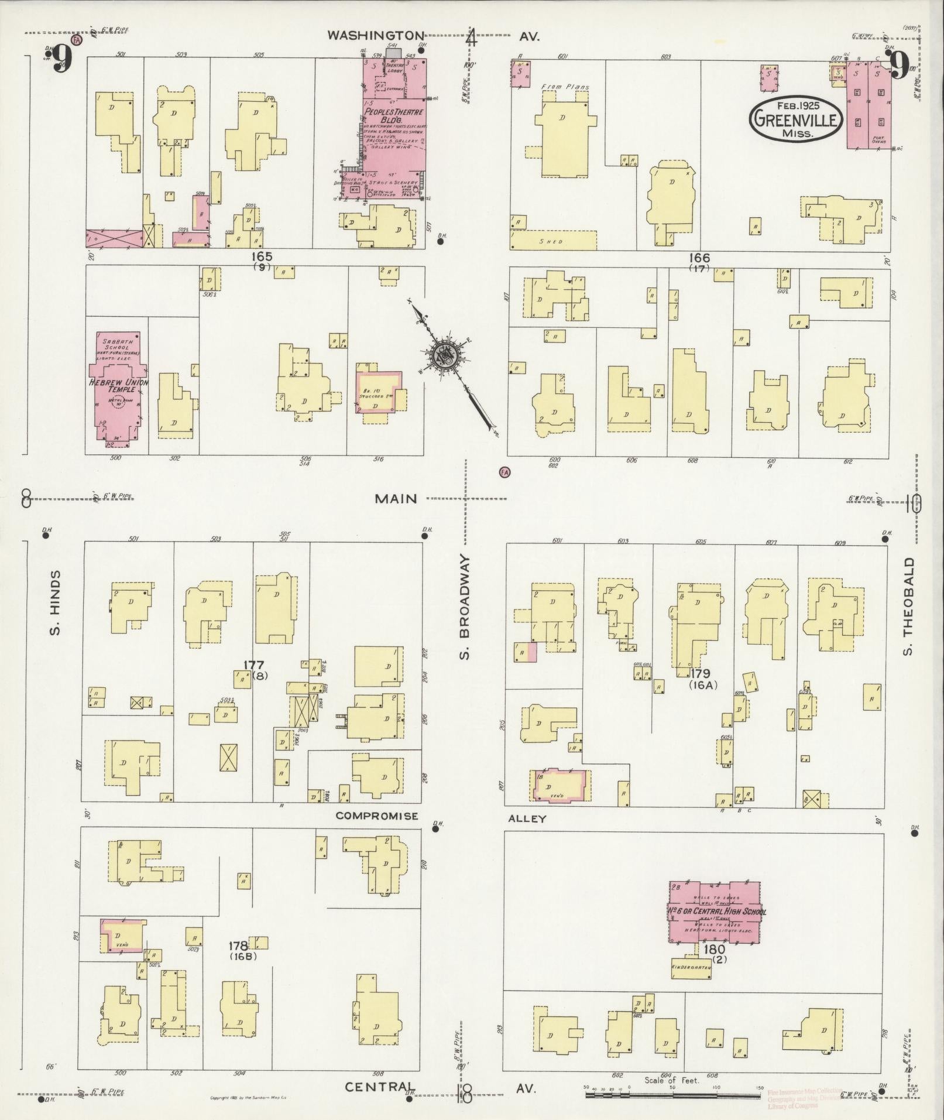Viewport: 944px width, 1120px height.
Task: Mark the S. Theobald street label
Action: pos(908,606)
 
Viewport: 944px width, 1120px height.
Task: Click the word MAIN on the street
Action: pos(397,499)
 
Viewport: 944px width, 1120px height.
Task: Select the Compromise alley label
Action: pos(377,816)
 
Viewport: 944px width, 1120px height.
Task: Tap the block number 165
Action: pos(262,256)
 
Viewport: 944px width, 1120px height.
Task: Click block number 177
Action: pos(254,665)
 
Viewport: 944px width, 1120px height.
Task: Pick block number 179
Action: pos(699,673)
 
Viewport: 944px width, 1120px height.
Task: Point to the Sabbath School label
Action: pos(117,344)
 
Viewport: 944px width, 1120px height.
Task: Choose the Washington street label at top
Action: pos(375,36)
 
